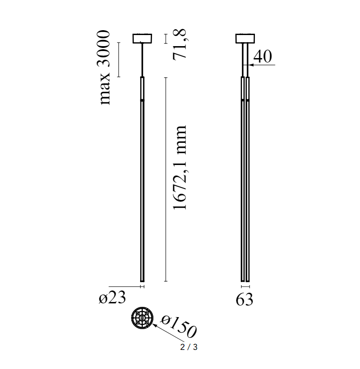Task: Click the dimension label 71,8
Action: pyautogui.click(x=180, y=45)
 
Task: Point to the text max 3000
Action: pyautogui.click(x=104, y=67)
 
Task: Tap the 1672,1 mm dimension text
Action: pyautogui.click(x=180, y=167)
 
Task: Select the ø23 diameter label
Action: pyautogui.click(x=112, y=298)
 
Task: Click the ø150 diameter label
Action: pyautogui.click(x=179, y=326)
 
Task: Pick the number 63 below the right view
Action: pyautogui.click(x=244, y=299)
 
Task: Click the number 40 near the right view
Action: pyautogui.click(x=262, y=56)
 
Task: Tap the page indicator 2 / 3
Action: pyautogui.click(x=189, y=347)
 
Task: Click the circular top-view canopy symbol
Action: pyautogui.click(x=142, y=318)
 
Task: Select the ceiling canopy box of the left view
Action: pyautogui.click(x=142, y=39)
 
